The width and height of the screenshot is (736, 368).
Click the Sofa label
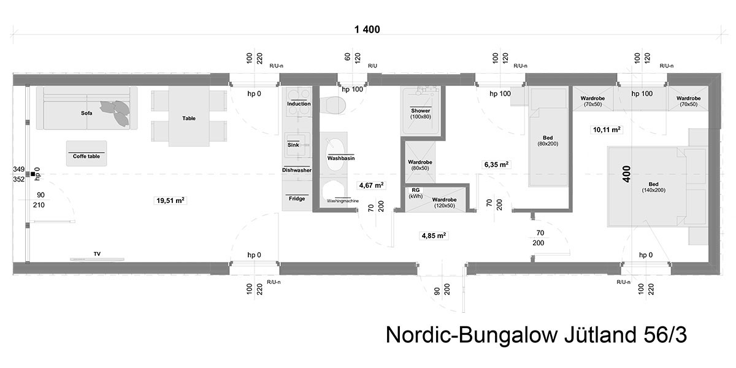click(x=86, y=113)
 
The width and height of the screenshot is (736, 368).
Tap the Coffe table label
click(x=86, y=156)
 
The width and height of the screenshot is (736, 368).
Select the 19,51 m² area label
click(x=171, y=200)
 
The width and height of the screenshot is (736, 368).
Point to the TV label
click(x=97, y=254)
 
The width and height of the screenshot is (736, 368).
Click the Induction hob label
click(x=299, y=104)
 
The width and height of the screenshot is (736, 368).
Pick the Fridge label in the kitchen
click(x=297, y=199)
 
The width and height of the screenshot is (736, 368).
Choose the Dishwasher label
click(x=297, y=170)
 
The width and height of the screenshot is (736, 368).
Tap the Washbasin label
click(x=341, y=158)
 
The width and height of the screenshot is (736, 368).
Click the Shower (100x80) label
click(x=421, y=113)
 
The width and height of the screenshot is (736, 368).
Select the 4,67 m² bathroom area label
click(x=371, y=185)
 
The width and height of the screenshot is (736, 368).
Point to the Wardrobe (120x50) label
click(x=444, y=202)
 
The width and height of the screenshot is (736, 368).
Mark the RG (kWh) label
click(x=416, y=193)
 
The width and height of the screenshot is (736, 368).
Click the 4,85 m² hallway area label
click(x=434, y=236)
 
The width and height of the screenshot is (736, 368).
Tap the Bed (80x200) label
click(x=548, y=140)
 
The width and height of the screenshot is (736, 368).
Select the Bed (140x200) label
click(x=654, y=187)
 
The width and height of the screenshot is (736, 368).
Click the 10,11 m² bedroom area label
click(x=607, y=129)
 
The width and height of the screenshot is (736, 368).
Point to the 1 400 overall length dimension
click(x=367, y=29)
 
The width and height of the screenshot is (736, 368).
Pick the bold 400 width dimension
click(x=627, y=174)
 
